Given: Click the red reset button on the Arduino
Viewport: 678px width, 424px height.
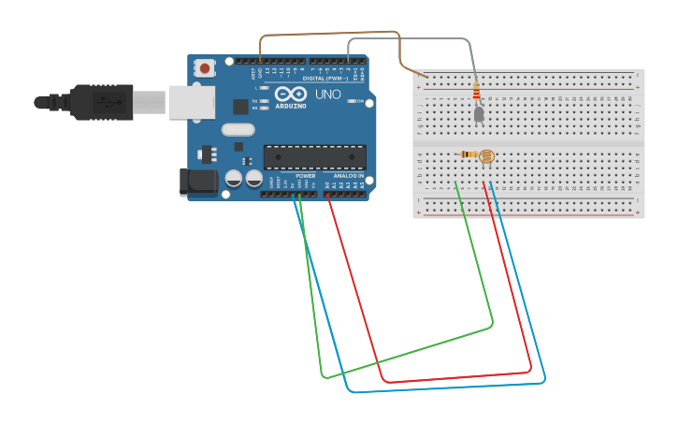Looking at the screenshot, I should click(205, 67).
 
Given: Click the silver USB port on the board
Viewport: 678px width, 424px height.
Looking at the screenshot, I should click(191, 102).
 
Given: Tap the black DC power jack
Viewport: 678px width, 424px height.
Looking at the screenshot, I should click(198, 181).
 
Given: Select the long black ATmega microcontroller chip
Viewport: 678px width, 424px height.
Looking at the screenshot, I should click(314, 157).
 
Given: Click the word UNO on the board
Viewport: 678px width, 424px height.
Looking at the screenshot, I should click(327, 95).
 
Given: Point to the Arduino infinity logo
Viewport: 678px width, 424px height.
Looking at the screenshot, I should click(291, 95).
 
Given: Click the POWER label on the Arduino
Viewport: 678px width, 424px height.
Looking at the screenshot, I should click(306, 176).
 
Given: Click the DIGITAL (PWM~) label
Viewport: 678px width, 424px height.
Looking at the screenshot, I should click(324, 79).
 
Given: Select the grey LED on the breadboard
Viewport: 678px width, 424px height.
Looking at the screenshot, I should click(479, 114).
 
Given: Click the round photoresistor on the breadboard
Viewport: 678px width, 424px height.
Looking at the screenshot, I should click(486, 156).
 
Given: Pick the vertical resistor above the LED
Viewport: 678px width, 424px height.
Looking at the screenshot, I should click(477, 92).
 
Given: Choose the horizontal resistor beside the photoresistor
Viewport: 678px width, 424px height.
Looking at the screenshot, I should click(468, 154).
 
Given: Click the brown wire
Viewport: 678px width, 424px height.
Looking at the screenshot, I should click(327, 35).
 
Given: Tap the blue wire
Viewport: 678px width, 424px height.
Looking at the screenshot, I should click(449, 387).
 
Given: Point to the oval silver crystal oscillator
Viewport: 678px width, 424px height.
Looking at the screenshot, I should click(238, 130).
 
